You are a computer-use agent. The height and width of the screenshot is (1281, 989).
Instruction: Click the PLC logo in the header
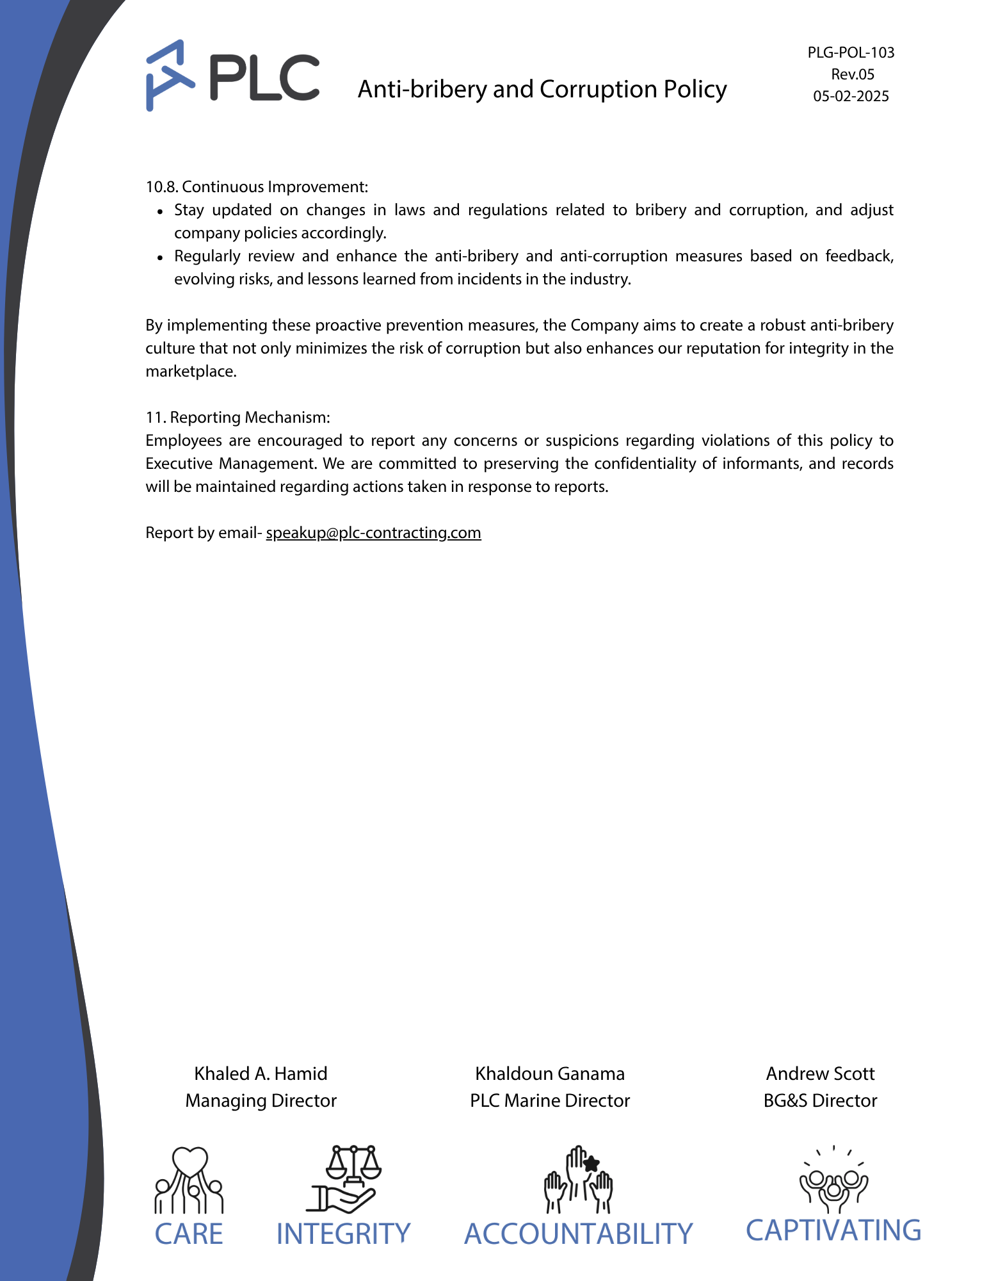coord(232,76)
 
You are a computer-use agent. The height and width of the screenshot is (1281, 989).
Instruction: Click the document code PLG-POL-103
coord(851,53)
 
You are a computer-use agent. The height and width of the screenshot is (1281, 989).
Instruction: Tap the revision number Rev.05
coord(853,74)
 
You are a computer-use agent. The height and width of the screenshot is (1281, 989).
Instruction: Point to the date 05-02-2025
coord(851,96)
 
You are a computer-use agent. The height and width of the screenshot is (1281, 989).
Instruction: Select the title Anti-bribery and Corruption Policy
coord(542,89)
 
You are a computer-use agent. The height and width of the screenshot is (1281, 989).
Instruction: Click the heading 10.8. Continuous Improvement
coord(257,187)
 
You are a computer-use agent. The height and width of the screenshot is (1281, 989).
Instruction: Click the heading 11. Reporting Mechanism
coord(237,418)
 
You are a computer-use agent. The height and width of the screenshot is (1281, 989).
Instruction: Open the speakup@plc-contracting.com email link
coord(373,533)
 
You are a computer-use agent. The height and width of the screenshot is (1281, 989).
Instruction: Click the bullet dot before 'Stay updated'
coord(161,211)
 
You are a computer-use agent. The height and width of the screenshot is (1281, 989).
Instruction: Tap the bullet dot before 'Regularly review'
coord(161,257)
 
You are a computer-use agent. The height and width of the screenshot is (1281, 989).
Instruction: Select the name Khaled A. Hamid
coord(261,1073)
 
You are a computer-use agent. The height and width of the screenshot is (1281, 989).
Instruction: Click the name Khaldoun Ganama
coord(550,1073)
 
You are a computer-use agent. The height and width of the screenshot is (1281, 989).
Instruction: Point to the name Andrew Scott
coord(820,1073)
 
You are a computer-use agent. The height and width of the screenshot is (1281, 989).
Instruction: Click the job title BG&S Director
coord(820,1100)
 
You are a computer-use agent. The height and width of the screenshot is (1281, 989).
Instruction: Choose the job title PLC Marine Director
coord(550,1100)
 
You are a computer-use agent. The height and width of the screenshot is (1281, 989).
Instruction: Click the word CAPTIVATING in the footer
coord(833,1231)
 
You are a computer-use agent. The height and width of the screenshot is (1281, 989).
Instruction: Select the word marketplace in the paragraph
coord(191,371)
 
